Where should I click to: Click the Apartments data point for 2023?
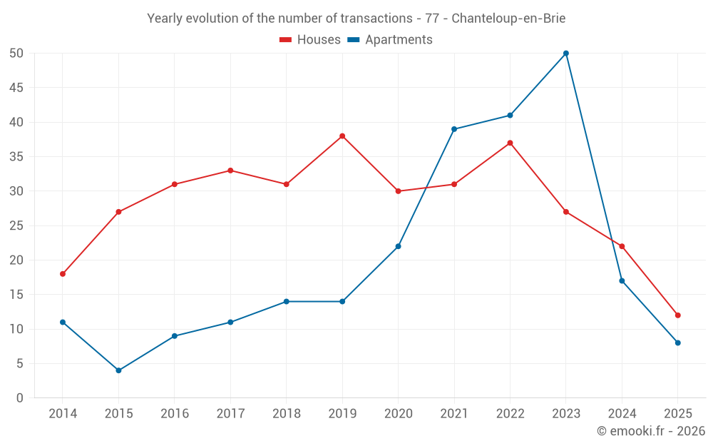pyautogui.click(x=566, y=54)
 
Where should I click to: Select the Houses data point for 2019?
pyautogui.click(x=342, y=136)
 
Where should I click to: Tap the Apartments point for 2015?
pyautogui.click(x=118, y=370)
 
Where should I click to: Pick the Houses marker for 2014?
pyautogui.click(x=63, y=274)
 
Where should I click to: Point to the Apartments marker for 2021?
pyautogui.click(x=454, y=129)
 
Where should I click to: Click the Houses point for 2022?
pyautogui.click(x=510, y=143)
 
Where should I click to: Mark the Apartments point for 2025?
pyautogui.click(x=678, y=343)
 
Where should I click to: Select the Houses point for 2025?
pyautogui.click(x=678, y=315)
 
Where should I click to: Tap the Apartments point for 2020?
pyautogui.click(x=398, y=246)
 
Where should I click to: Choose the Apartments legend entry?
pyautogui.click(x=390, y=40)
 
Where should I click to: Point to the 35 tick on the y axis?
pyautogui.click(x=16, y=157)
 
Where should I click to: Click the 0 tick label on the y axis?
pyautogui.click(x=20, y=398)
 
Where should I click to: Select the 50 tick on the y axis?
pyautogui.click(x=16, y=54)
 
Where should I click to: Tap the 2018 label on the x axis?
pyautogui.click(x=286, y=414)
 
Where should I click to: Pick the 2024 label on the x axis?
pyautogui.click(x=622, y=414)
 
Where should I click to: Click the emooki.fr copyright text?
pyautogui.click(x=651, y=431)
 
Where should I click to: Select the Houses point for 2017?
pyautogui.click(x=230, y=171)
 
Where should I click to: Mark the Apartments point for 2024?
pyautogui.click(x=622, y=281)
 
